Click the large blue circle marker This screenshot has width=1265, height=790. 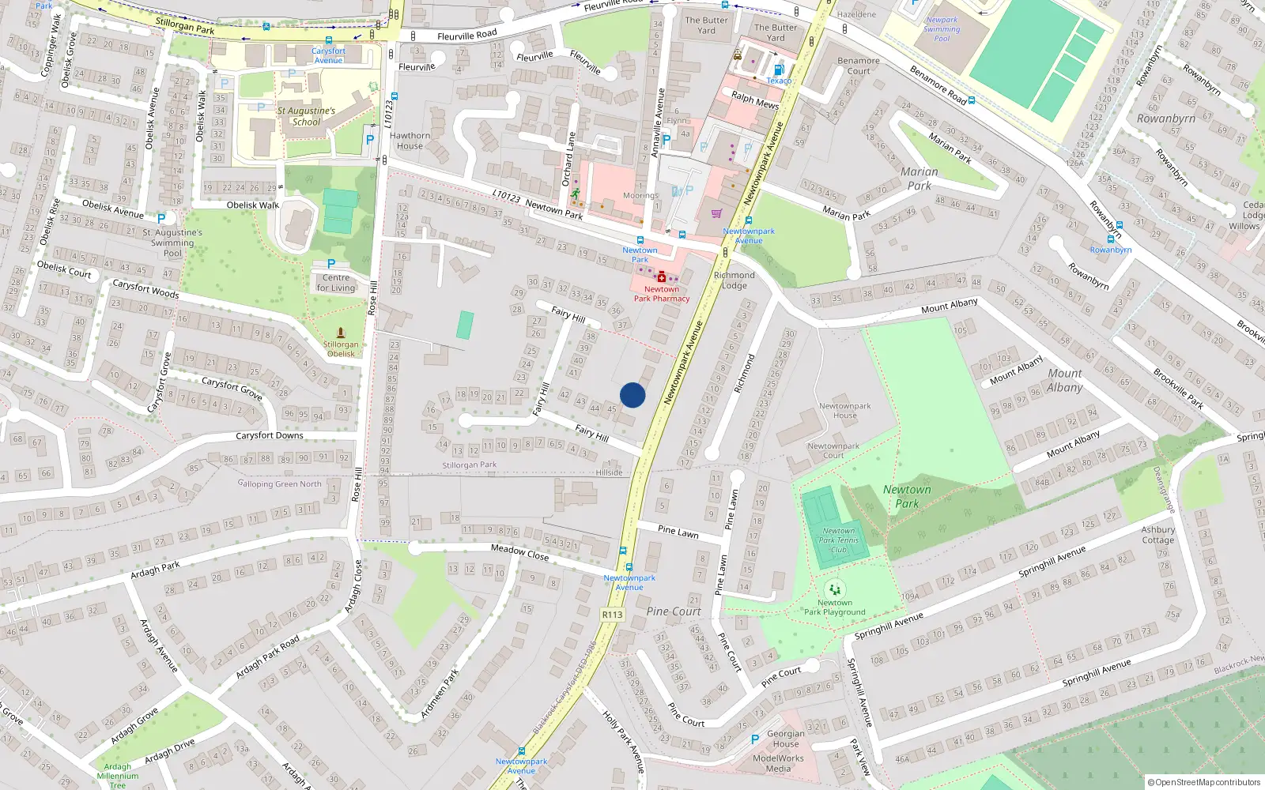632,395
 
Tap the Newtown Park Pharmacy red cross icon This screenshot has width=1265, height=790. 661,277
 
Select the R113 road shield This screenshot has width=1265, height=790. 612,614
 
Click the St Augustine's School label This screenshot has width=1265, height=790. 306,116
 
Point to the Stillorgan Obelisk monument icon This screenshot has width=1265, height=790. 341,333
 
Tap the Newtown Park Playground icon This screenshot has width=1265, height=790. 834,589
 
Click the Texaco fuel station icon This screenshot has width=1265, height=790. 779,70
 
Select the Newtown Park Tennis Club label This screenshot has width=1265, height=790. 838,540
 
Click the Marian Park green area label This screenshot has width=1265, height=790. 919,179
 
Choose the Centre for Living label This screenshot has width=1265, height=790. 336,283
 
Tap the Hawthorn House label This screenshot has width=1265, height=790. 410,141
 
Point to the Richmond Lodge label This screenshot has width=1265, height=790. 734,280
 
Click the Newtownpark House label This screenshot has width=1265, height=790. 844,411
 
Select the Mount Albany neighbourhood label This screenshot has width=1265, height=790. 1064,380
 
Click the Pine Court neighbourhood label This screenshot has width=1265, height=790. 674,611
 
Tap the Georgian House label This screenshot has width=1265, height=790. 785,739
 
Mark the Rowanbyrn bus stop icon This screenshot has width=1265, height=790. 1110,239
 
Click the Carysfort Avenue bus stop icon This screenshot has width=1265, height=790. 329,39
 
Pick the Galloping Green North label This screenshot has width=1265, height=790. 280,483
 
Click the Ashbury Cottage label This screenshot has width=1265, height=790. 1157,535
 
